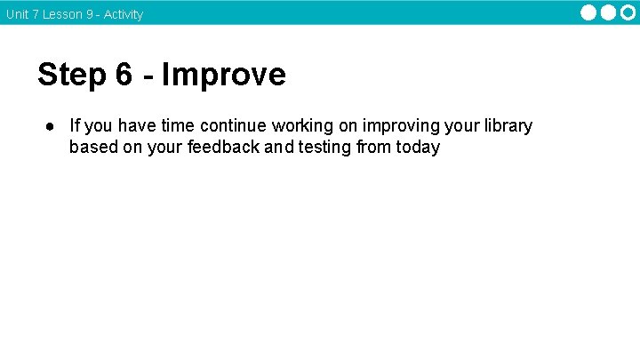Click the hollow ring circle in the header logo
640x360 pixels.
tap(628, 12)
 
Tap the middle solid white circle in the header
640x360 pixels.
tap(609, 12)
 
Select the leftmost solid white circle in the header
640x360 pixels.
tap(589, 12)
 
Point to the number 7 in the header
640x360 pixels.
tap(35, 14)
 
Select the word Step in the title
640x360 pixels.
tap(72, 75)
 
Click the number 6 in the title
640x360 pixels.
tap(124, 75)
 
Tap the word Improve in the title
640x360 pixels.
tap(224, 75)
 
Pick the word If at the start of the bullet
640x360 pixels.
tap(75, 126)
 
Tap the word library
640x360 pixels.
tap(507, 126)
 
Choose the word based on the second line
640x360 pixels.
tap(94, 148)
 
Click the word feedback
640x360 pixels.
tap(223, 148)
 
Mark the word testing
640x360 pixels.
tap(324, 148)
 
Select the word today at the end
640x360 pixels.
tap(418, 148)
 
